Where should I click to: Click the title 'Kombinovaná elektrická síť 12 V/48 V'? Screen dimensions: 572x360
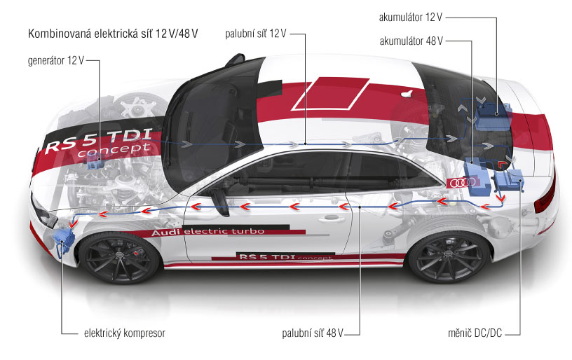coord(113,34)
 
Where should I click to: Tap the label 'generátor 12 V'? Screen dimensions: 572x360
coord(56,60)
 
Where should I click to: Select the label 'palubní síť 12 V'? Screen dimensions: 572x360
coord(255,34)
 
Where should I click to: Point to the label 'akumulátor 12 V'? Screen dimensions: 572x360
coord(410,17)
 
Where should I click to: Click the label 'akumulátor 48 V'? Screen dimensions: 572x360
coord(411,41)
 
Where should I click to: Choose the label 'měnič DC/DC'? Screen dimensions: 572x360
coord(475,333)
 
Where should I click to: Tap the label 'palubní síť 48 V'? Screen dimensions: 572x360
coord(313,333)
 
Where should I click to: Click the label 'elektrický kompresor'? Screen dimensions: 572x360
coord(125,333)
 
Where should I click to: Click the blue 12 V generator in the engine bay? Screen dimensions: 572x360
coord(95,162)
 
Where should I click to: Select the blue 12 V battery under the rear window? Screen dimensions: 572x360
coord(493,116)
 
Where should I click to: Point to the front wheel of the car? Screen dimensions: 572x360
coord(119,257)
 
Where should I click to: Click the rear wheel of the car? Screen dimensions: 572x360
coord(449,257)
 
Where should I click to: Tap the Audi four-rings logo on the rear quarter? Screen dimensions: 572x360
coord(461,183)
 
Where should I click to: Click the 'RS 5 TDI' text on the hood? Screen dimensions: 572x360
coord(99,140)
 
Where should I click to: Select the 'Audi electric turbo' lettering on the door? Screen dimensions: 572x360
coord(207,232)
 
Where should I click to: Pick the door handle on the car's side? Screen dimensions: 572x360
coord(332,218)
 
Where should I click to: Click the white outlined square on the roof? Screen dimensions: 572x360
coord(330,94)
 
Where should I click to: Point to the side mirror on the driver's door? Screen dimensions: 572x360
coord(219,201)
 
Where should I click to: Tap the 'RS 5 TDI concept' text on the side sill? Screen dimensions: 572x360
coord(285,257)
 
